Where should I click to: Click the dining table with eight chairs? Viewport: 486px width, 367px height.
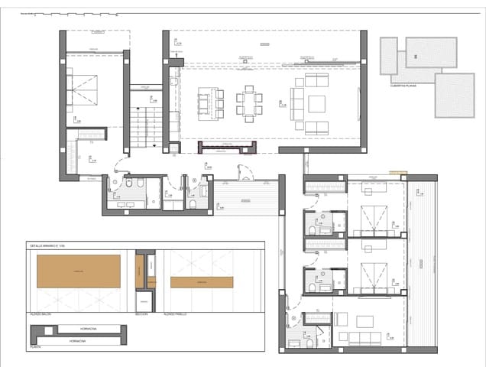click(x=249, y=103)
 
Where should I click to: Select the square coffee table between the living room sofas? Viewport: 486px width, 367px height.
click(x=316, y=104)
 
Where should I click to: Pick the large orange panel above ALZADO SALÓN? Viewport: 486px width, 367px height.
click(x=79, y=271)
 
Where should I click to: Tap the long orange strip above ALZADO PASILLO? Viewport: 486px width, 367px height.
click(x=202, y=282)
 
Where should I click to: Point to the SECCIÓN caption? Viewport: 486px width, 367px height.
click(x=141, y=314)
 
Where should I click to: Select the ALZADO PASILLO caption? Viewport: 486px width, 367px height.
click(x=177, y=314)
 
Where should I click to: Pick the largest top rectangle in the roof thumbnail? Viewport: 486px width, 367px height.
click(x=431, y=51)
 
